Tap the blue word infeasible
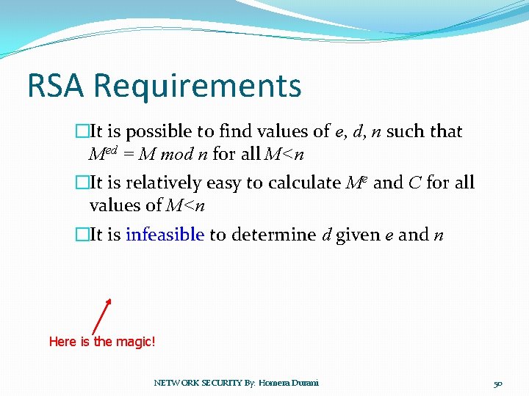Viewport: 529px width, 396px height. [165, 235]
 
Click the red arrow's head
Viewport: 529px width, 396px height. [109, 301]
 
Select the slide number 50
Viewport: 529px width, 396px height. [497, 383]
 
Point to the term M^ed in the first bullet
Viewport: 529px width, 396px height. [103, 154]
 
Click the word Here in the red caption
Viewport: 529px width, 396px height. [62, 341]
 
